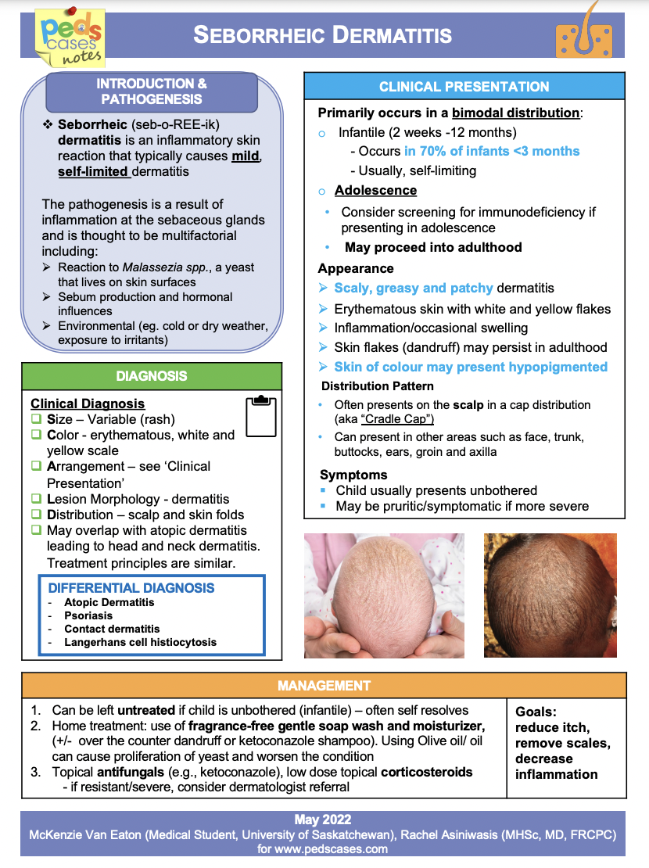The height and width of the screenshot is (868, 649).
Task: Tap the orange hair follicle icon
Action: [x=582, y=32]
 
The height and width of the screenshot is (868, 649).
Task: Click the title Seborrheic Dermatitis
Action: [x=322, y=35]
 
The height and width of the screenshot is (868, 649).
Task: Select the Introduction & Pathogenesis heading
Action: [x=152, y=91]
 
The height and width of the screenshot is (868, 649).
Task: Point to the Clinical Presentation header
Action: [x=464, y=87]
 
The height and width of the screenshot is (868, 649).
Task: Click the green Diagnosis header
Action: [x=152, y=376]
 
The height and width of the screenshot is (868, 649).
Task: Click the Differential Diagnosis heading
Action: [x=131, y=588]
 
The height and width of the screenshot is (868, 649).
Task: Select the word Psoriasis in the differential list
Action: [x=88, y=615]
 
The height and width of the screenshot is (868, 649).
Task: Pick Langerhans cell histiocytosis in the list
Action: [x=140, y=642]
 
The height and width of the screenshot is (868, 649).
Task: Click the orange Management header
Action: [x=324, y=686]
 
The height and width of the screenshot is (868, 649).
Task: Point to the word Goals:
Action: [x=536, y=712]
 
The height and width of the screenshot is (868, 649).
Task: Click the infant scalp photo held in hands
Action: [x=384, y=595]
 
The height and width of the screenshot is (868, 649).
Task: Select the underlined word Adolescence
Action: [x=375, y=191]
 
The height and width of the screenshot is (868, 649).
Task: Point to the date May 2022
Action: [x=323, y=820]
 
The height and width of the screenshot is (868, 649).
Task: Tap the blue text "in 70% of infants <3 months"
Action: [x=492, y=151]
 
